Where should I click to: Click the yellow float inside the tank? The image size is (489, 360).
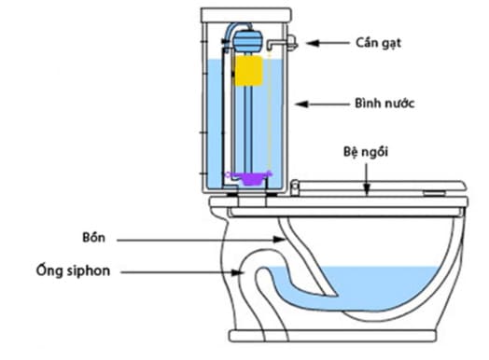coord(248,71)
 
